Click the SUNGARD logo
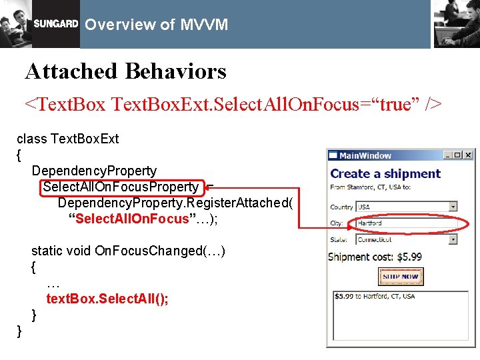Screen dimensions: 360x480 (x=56, y=25)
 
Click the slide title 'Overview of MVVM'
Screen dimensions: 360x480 (x=157, y=25)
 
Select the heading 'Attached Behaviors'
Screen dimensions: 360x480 (x=125, y=71)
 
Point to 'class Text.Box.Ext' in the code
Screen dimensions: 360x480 (x=67, y=139)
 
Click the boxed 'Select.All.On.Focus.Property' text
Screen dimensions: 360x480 (x=121, y=187)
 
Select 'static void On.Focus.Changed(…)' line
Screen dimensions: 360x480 (x=128, y=251)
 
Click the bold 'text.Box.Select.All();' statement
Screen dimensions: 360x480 (x=107, y=299)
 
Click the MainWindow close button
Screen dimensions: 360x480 (x=468, y=155)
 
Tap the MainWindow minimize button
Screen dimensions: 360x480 (x=449, y=155)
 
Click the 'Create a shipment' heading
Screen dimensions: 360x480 (x=385, y=173)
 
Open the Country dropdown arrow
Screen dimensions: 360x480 (x=453, y=207)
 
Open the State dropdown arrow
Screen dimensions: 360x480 (x=453, y=239)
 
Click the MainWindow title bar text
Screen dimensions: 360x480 (x=365, y=155)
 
